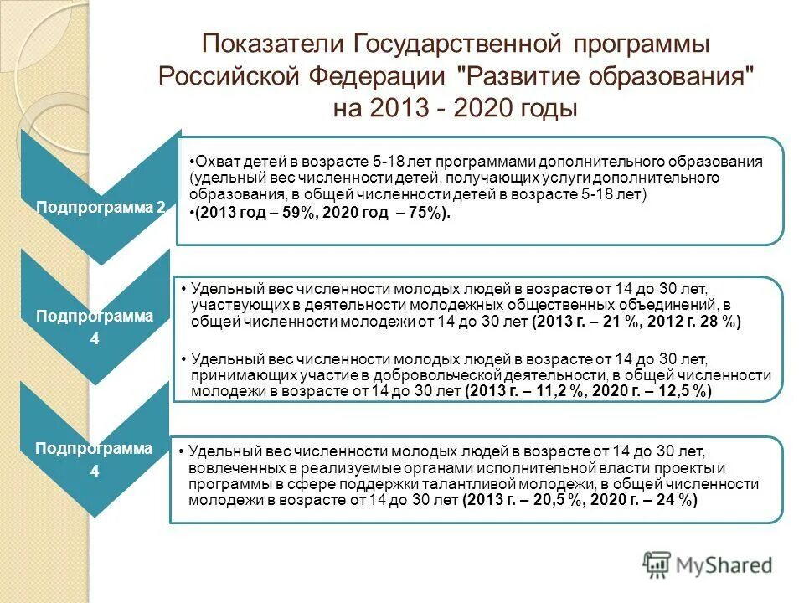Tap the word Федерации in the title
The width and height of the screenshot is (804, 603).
[x=374, y=77]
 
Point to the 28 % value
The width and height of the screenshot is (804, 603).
[x=721, y=322]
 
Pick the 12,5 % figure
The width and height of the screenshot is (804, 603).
[x=682, y=391]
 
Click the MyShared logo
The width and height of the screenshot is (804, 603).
[x=708, y=564]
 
